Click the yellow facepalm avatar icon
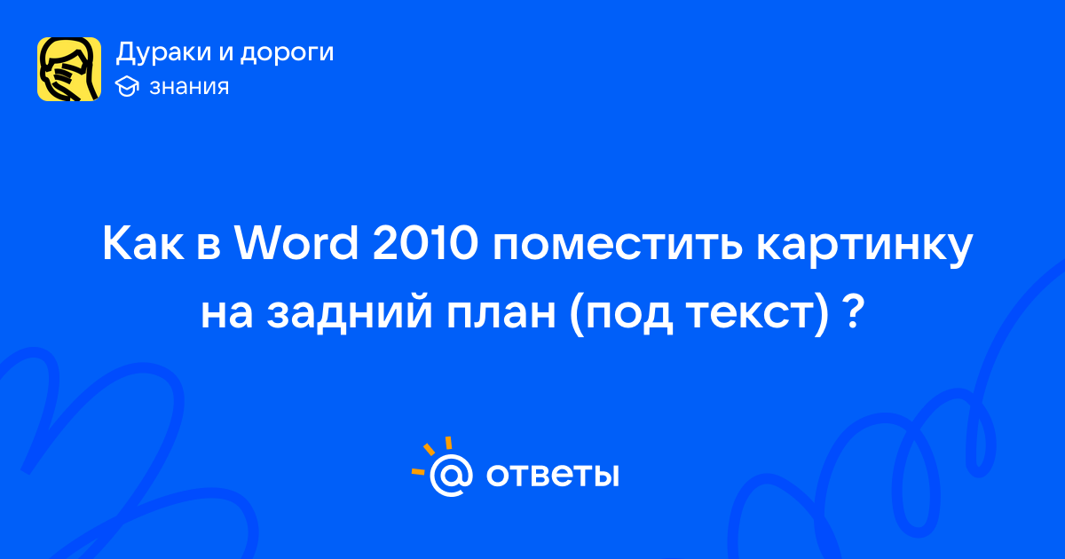click(x=69, y=69)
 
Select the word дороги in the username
click(x=287, y=53)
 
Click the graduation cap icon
click(x=127, y=87)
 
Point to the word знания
click(x=189, y=87)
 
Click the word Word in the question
click(x=296, y=244)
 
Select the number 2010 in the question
click(x=425, y=244)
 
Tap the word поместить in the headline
click(x=617, y=248)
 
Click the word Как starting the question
click(x=143, y=244)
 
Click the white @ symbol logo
click(x=451, y=475)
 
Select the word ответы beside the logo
click(x=552, y=475)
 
